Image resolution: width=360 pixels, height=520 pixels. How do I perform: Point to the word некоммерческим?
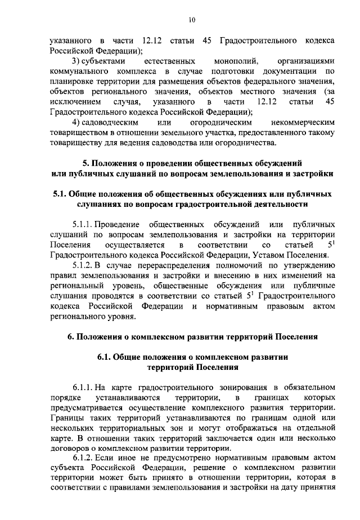click(302, 122)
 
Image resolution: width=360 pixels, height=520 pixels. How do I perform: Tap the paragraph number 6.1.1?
click(83, 387)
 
